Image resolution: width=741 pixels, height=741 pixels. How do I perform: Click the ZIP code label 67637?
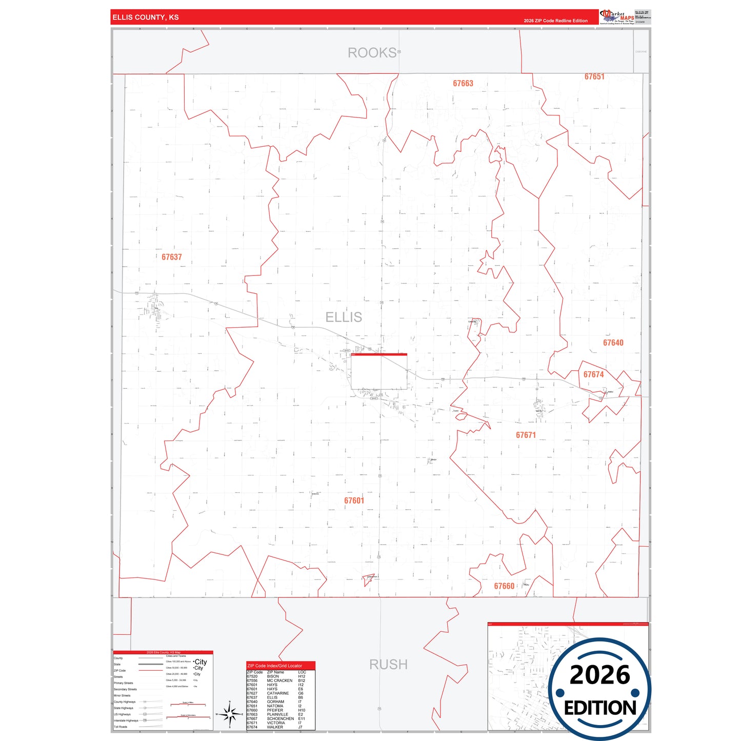[172, 257]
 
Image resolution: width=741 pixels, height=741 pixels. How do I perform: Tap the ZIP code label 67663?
[463, 84]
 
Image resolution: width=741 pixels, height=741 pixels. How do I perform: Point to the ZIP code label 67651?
[594, 77]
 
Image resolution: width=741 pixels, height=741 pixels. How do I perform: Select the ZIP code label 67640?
[613, 343]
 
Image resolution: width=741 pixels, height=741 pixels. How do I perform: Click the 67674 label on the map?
[593, 375]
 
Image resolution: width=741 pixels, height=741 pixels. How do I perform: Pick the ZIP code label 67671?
[526, 435]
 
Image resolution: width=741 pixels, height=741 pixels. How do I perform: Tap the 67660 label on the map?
[504, 586]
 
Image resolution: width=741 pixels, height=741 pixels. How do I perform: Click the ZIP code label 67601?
[354, 501]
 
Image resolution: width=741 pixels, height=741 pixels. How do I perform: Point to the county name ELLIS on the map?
[344, 317]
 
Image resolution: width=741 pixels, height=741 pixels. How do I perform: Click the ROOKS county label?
[372, 53]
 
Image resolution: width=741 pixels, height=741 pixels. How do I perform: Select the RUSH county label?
[388, 665]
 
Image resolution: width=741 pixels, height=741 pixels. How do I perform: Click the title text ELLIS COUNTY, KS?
[146, 17]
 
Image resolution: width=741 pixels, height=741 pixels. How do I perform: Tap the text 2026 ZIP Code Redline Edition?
[555, 21]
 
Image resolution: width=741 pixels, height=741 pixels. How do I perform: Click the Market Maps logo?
[617, 17]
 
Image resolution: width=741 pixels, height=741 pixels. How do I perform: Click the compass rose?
[230, 714]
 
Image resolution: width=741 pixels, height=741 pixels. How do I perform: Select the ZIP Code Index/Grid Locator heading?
[275, 666]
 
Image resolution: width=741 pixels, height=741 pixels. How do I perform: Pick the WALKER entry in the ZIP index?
[275, 727]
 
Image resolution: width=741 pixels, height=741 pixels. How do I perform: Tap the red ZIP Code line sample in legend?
[151, 671]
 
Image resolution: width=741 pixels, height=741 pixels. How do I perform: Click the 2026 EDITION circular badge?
[599, 689]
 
